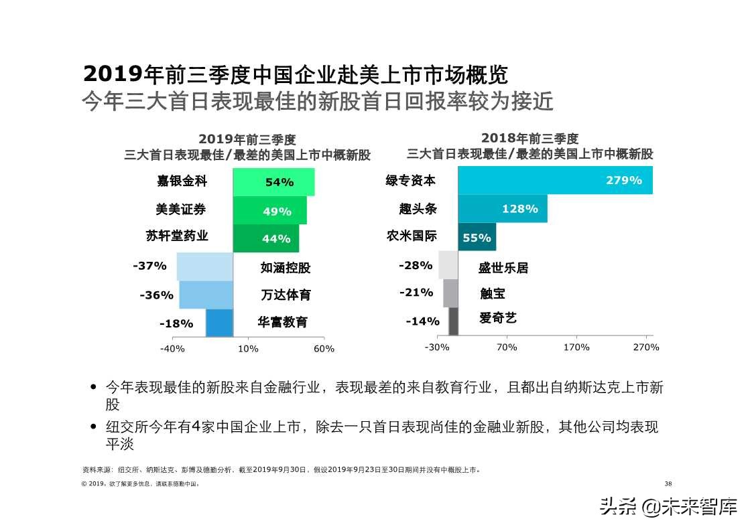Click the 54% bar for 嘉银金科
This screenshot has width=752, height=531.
[273, 182]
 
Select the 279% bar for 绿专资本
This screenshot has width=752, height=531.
[555, 180]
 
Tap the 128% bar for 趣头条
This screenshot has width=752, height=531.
[503, 209]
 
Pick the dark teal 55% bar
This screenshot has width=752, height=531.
[477, 237]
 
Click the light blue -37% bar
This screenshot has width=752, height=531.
[204, 267]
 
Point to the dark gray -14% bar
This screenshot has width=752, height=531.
[453, 321]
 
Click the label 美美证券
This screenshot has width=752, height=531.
[181, 210]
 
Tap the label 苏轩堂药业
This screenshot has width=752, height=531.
[177, 236]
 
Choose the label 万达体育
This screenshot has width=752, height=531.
[286, 295]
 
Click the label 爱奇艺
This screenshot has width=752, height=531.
[498, 318]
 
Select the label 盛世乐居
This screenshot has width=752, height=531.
[503, 268]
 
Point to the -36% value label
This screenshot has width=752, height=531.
[157, 295]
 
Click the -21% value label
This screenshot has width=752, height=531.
[416, 293]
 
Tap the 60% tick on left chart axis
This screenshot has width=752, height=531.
[324, 349]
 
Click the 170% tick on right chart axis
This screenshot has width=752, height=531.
[576, 348]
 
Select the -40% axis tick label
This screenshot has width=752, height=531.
[172, 349]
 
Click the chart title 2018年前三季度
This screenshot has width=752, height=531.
[529, 139]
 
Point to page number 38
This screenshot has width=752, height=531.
[668, 483]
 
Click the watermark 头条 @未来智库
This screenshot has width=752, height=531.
[668, 507]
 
